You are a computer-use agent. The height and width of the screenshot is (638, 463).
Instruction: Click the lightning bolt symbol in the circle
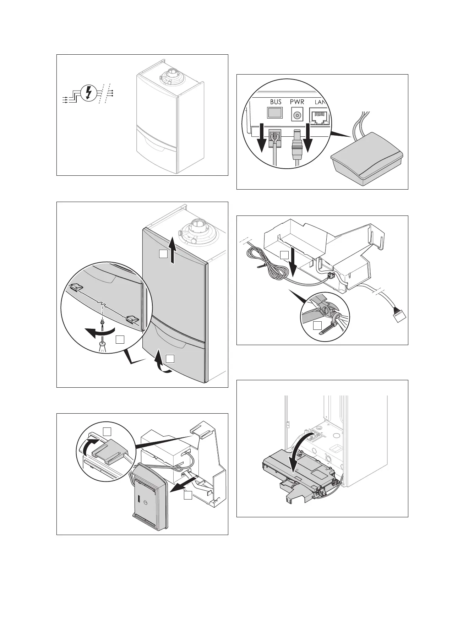click(88, 93)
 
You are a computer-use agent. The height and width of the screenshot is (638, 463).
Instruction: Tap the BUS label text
click(276, 102)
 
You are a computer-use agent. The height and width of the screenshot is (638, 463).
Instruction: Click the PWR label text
click(297, 102)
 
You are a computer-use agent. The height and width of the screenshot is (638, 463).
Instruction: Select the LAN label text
click(321, 102)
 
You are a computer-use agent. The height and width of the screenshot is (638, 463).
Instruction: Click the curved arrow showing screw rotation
click(99, 332)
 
